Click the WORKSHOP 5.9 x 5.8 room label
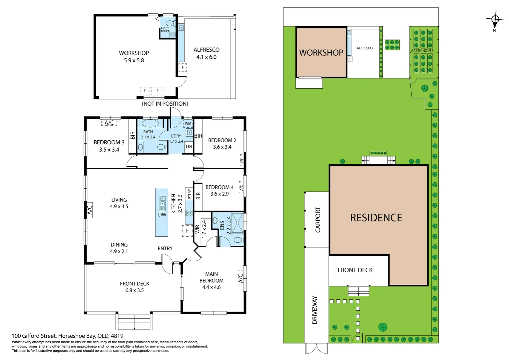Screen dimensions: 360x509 [134, 57]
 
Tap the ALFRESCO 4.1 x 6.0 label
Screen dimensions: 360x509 [206, 53]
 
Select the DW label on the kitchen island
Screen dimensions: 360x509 [162, 215]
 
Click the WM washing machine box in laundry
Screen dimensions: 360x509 [188, 123]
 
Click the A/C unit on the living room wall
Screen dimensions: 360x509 [90, 210]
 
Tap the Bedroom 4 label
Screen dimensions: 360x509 [219, 190]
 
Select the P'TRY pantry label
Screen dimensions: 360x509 [189, 194]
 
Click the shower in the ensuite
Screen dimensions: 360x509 [238, 222]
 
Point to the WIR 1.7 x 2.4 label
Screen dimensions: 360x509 [201, 229]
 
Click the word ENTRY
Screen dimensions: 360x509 [165, 248]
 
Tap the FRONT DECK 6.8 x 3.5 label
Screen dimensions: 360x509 [135, 287]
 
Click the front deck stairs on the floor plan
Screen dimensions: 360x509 [134, 322]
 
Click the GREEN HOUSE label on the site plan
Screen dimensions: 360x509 [422, 51]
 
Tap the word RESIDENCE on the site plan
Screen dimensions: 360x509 [376, 218]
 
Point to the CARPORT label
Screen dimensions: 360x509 [318, 220]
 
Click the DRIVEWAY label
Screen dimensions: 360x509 [315, 310]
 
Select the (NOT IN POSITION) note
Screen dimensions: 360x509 [165, 104]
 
